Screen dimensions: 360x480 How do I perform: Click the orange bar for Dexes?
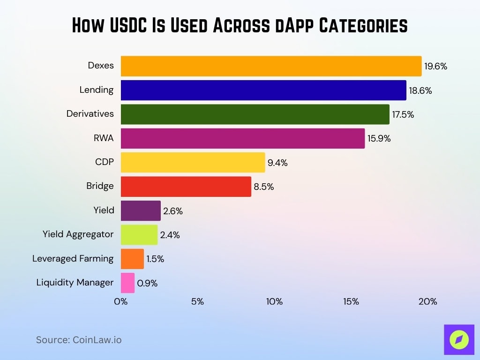coord(271,66)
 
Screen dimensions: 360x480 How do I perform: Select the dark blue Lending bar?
coord(263,90)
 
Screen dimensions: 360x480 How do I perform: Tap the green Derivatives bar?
coord(255,114)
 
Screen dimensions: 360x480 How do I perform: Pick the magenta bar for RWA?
coord(243,138)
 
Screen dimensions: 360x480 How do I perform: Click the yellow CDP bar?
coord(193,163)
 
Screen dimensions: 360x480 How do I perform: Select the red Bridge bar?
coord(186,187)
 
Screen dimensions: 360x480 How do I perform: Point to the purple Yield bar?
coord(141,210)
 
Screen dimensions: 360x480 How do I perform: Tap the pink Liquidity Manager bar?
coord(127,283)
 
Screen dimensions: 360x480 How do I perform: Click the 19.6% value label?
coord(436,67)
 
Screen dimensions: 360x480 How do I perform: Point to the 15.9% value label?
coord(379,139)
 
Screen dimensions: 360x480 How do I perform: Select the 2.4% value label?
coord(170,235)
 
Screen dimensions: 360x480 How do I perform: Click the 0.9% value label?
coord(147,283)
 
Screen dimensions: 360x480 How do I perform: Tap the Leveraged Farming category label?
coord(73,258)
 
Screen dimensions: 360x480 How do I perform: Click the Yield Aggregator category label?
coord(78,234)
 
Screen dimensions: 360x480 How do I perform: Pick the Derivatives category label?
coord(90,114)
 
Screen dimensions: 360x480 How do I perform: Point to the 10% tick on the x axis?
coord(274,302)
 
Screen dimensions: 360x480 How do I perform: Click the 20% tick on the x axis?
coord(427,302)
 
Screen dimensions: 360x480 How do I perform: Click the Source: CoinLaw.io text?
coord(79,340)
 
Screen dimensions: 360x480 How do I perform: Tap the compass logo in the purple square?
coord(459,339)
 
